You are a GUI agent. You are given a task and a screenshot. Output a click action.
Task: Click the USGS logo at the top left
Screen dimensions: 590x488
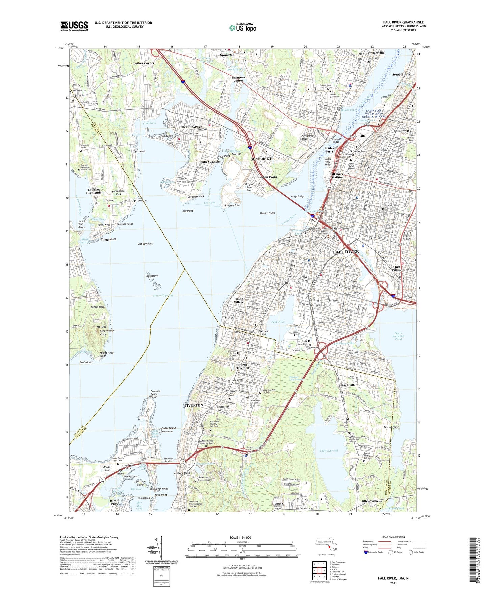tap(74, 26)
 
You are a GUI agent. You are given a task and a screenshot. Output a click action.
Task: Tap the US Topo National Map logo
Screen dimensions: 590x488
tap(242, 27)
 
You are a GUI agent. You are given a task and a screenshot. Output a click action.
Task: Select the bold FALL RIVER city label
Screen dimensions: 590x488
tap(346, 252)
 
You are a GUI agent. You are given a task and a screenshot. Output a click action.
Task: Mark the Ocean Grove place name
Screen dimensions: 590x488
tap(192, 127)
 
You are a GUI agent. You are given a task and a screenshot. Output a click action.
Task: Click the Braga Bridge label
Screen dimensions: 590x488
tap(298, 196)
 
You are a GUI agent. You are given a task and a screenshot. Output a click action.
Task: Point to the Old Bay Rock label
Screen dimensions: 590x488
tap(145, 243)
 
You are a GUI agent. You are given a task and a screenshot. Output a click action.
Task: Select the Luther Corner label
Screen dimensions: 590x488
tap(144, 63)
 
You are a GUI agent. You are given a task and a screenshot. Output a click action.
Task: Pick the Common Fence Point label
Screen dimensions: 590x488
tap(155, 394)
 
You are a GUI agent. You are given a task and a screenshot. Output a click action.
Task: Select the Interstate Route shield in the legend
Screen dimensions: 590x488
tap(366, 552)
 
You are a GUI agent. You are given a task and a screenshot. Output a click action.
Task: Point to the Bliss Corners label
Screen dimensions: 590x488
tap(371, 501)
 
